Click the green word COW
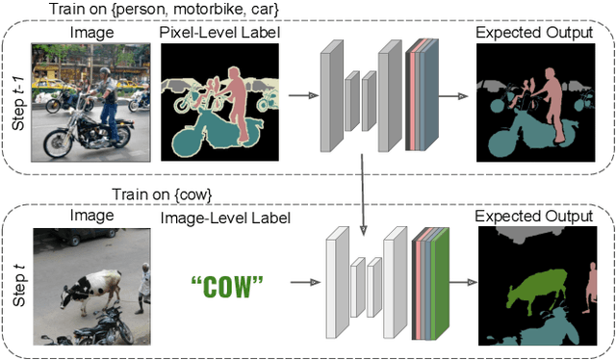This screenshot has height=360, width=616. pos(227,285)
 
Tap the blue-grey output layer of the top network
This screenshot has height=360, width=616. pos(428,95)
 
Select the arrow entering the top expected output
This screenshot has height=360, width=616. pos(460,95)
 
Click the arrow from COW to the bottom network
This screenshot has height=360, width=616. pos(301,283)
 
